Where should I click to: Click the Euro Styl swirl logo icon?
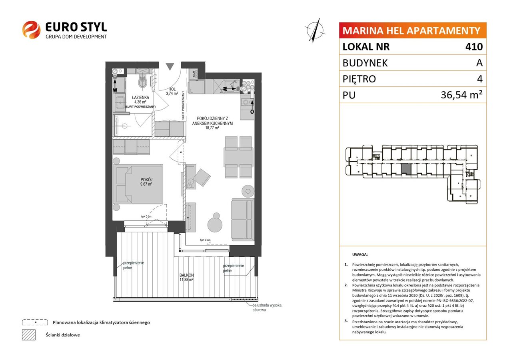coord(31,30)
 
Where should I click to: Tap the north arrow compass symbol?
coord(315,30)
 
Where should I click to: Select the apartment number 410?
coord(474,46)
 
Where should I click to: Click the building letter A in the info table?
coord(479,63)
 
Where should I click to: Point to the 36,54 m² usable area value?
coord(461,95)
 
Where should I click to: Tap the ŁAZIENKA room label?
coord(140,98)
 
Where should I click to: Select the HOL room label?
coord(172,89)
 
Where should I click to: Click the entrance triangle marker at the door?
coord(170,66)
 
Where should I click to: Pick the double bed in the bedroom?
coord(140,184)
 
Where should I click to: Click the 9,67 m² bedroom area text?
coord(146,184)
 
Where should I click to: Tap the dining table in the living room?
coord(238,157)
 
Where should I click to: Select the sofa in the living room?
coord(242,219)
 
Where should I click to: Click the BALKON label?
coord(187,275)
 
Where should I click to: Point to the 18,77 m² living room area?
coord(212,128)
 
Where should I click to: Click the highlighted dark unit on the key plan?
coord(406,169)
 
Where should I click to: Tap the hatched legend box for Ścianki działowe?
coord(29,335)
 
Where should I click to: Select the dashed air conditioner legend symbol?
coord(35,322)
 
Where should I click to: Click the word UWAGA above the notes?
coord(360,254)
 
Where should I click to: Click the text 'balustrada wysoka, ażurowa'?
coord(267,308)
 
